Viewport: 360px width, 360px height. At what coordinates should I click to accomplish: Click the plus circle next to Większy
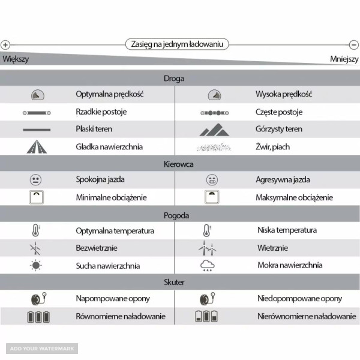(5, 44)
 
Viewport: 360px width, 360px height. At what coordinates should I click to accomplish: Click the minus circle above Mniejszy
(354, 44)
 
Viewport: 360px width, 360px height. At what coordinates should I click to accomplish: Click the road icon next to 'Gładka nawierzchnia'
(36, 146)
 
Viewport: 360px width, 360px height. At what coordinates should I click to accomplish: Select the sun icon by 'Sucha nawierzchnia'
(36, 265)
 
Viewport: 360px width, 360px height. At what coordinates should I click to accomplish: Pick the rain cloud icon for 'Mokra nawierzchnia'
(207, 266)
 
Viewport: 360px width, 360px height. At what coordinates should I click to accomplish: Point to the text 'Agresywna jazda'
(283, 179)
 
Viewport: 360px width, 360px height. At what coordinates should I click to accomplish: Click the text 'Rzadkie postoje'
(101, 112)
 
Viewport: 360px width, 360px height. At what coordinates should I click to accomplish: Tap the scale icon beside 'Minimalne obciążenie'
(37, 197)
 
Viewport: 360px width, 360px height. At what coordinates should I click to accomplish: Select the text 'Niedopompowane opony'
(291, 299)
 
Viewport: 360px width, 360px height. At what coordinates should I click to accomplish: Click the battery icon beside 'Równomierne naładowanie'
(38, 316)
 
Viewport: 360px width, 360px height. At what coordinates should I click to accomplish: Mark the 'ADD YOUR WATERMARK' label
(42, 348)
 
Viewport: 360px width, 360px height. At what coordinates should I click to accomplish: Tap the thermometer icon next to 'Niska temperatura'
(206, 230)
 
